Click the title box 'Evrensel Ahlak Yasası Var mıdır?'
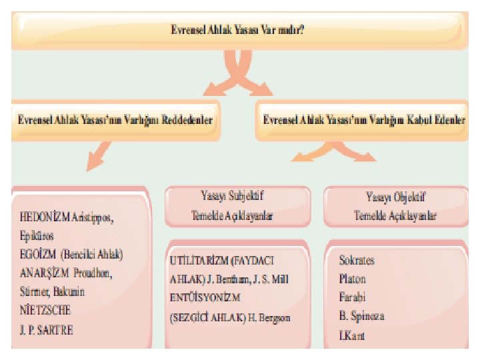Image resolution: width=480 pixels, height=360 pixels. (x=238, y=30)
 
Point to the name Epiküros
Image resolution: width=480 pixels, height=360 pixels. (x=37, y=236)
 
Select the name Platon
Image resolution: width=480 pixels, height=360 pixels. (x=353, y=279)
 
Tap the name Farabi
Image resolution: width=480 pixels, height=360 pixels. (x=353, y=297)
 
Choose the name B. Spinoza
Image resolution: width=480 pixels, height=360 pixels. (x=361, y=315)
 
